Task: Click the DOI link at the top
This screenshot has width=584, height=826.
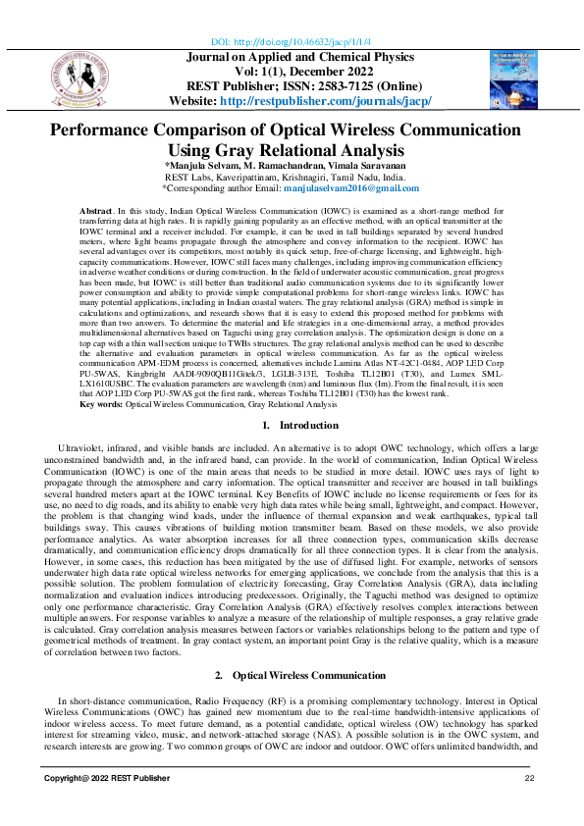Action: click(292, 43)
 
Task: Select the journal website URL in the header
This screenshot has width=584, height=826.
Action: click(331, 101)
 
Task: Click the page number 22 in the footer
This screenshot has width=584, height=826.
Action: click(529, 805)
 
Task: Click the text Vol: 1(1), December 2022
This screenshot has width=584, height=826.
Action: click(292, 72)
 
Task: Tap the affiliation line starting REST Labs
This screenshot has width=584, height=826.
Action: click(292, 178)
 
